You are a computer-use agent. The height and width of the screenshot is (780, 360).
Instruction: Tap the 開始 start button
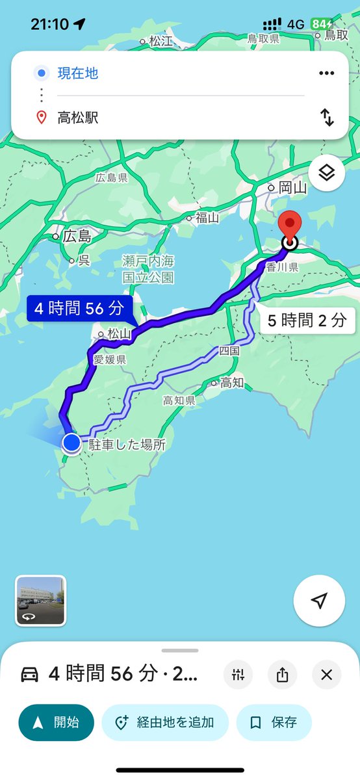57,722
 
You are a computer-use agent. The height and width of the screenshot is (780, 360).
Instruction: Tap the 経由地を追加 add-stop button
165,722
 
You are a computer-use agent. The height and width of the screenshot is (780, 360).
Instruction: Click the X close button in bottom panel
326,675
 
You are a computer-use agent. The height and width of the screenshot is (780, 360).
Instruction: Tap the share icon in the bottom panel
282,675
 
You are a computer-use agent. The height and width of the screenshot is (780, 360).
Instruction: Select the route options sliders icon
238,675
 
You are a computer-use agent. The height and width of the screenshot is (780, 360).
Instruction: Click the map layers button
326,172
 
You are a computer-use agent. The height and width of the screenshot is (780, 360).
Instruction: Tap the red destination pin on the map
289,227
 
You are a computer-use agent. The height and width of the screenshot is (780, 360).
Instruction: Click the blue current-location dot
71,443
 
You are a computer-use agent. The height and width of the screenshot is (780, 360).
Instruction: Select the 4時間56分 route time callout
80,308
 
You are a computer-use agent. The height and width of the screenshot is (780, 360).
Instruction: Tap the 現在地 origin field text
78,73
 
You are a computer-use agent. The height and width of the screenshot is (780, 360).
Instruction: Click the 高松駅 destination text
78,118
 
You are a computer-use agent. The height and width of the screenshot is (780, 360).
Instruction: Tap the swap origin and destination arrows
326,118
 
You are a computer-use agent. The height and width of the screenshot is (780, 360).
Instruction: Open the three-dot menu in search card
326,73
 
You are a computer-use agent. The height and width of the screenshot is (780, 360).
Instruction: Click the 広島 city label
77,237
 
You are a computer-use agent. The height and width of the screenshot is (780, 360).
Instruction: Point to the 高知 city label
232,382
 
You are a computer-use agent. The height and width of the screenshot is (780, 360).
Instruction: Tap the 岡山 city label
292,188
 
